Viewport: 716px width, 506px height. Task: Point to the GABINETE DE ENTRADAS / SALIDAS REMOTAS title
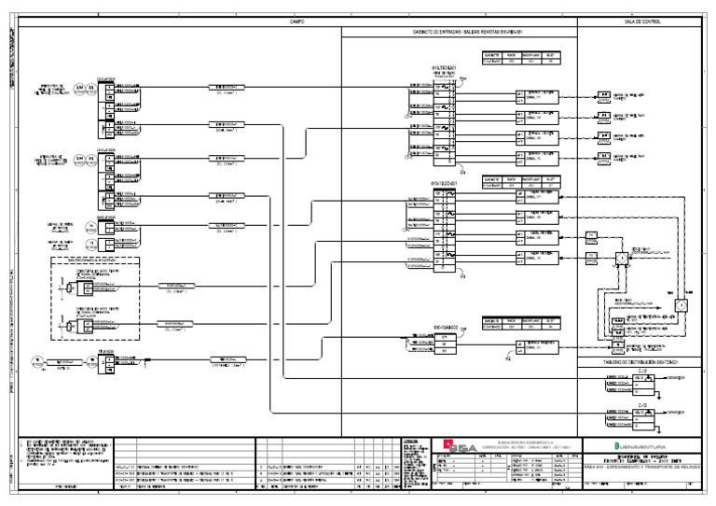point(458,33)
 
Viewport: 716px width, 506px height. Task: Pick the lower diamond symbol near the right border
point(681,305)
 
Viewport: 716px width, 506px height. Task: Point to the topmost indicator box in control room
point(604,97)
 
